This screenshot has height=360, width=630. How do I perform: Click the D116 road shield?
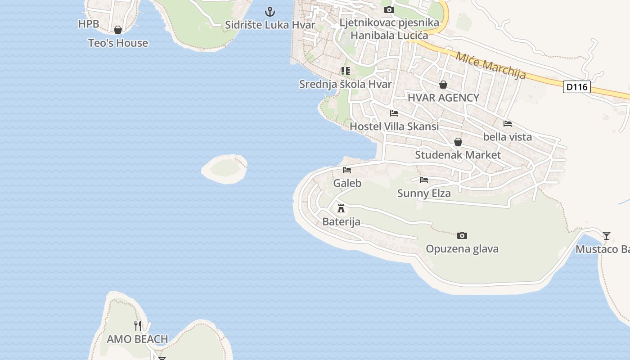coord(576,87)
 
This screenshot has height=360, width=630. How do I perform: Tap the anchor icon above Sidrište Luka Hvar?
coord(270,11)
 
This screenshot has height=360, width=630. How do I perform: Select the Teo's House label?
coord(118,43)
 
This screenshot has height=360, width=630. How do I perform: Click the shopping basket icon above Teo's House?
coord(118,30)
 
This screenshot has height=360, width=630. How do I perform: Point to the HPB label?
coord(89,24)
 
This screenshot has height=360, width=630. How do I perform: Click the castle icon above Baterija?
coord(341,208)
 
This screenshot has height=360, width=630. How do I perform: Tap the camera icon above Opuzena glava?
coord(462,235)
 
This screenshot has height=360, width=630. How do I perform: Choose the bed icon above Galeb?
coord(347,170)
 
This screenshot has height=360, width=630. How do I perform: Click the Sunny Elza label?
coord(424,193)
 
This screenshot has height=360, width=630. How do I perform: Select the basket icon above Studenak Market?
coord(458,142)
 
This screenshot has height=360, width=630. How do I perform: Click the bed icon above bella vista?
coord(508,123)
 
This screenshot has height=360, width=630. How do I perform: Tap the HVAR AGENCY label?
coord(443,98)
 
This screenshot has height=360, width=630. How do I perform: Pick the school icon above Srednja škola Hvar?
coord(345,71)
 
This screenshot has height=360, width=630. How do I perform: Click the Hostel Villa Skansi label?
coord(394,126)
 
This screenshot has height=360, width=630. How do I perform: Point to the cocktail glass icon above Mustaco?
coord(607,235)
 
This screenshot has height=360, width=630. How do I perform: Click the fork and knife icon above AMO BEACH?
coord(138,325)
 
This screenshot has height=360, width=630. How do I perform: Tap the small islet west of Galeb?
coord(224,169)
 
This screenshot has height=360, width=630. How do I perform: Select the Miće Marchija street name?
coord(490,66)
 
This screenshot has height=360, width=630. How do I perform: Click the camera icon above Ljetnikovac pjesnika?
coord(389,9)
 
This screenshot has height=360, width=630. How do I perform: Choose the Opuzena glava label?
coord(462,249)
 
